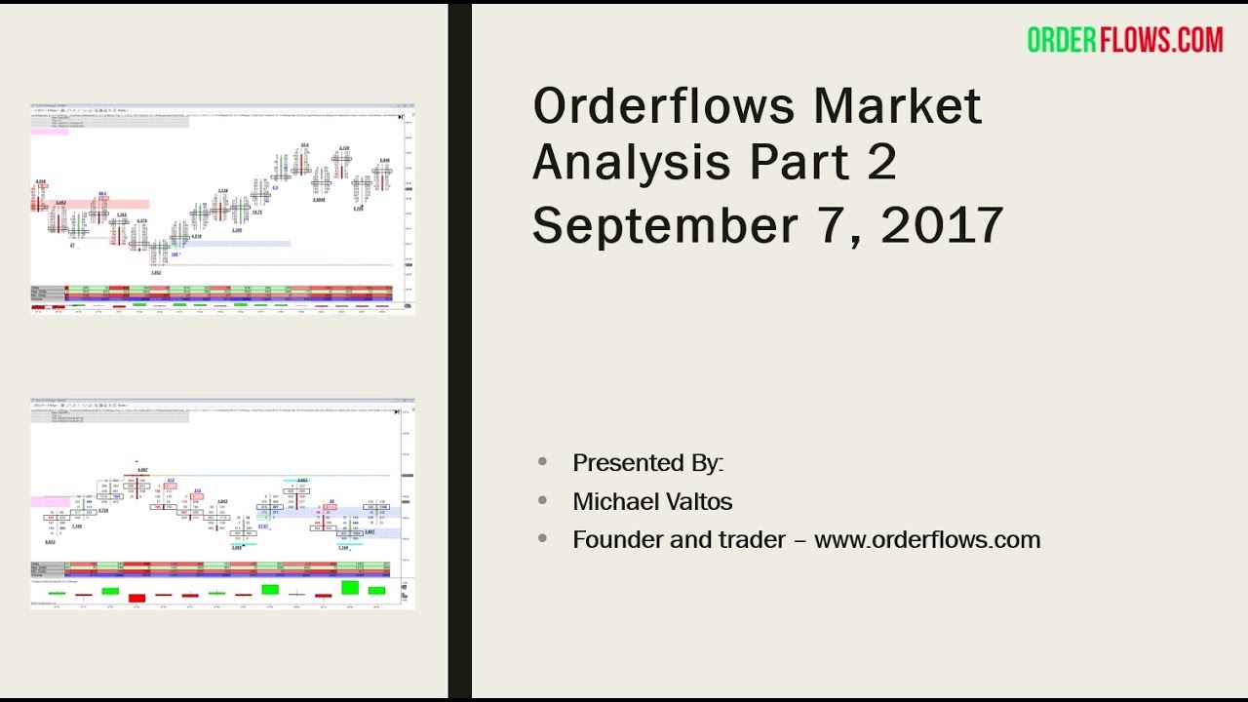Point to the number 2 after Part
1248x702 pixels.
point(880,163)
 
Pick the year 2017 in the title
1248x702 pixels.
point(942,225)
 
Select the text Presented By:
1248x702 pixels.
point(648,462)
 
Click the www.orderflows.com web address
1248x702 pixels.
point(927,539)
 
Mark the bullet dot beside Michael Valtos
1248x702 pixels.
point(543,501)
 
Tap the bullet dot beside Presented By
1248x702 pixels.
point(543,462)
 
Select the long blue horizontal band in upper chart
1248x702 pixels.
point(234,244)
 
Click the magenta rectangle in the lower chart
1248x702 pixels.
point(50,501)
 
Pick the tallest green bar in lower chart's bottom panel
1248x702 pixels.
point(350,587)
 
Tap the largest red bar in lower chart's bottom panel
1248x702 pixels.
point(136,598)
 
